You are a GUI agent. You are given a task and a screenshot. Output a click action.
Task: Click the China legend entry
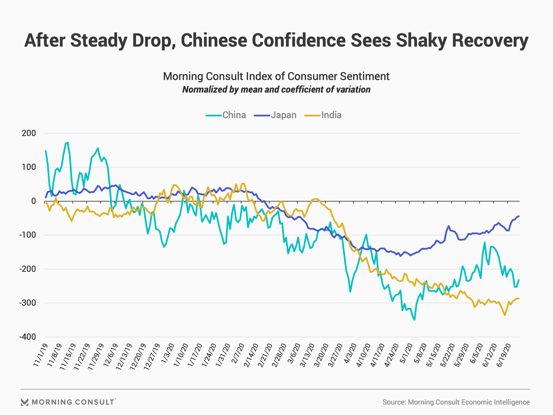226,115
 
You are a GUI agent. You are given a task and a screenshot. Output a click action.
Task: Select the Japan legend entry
275,115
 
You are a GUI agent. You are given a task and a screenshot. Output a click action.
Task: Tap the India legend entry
323,115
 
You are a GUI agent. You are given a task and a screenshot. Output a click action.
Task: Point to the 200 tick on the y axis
29,133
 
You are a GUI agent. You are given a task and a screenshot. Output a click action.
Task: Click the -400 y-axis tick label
28,337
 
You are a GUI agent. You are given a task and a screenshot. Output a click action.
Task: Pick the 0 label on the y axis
33,201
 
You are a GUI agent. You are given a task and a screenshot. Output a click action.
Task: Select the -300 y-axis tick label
28,303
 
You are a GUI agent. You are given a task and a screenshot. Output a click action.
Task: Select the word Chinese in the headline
214,40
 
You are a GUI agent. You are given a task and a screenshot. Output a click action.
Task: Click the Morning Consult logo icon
24,402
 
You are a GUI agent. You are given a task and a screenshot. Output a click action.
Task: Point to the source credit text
456,402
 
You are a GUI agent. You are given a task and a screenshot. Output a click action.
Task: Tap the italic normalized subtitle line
276,90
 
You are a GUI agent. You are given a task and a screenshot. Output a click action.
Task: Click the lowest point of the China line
414,320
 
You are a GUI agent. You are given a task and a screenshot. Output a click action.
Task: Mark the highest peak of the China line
67,142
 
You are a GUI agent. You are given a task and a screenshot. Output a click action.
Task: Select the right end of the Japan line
519,216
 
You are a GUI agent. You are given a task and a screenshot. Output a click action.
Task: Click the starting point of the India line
46,201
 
